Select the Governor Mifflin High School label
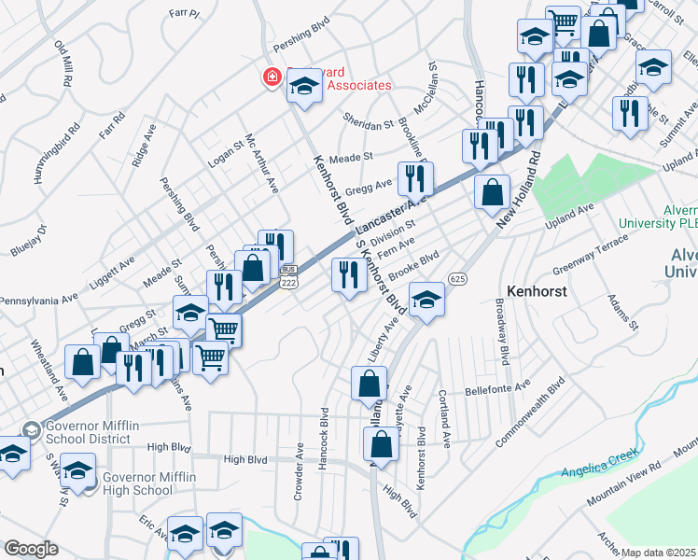(x=149, y=484)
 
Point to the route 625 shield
(x=456, y=279)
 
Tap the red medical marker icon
(x=272, y=77)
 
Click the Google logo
(x=31, y=549)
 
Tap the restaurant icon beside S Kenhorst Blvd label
(x=347, y=275)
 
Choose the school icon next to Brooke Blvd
(x=426, y=299)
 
